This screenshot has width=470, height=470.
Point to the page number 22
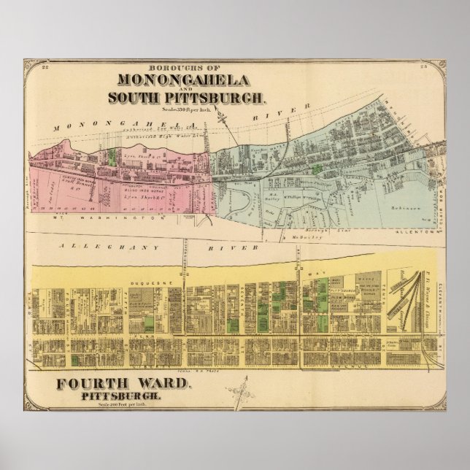click(x=45, y=68)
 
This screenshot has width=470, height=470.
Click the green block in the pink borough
click(x=112, y=155)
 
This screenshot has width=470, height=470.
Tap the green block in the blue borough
click(x=315, y=169)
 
